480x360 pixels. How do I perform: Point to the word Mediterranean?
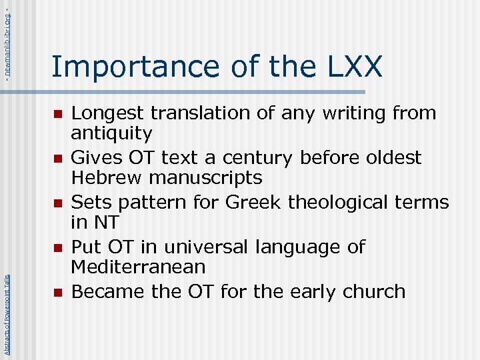click(138, 267)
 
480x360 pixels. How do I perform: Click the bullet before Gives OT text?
click(58, 159)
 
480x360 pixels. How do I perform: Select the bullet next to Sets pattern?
click(58, 203)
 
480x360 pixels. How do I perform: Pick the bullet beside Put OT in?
click(58, 247)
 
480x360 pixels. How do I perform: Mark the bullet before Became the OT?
click(58, 292)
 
